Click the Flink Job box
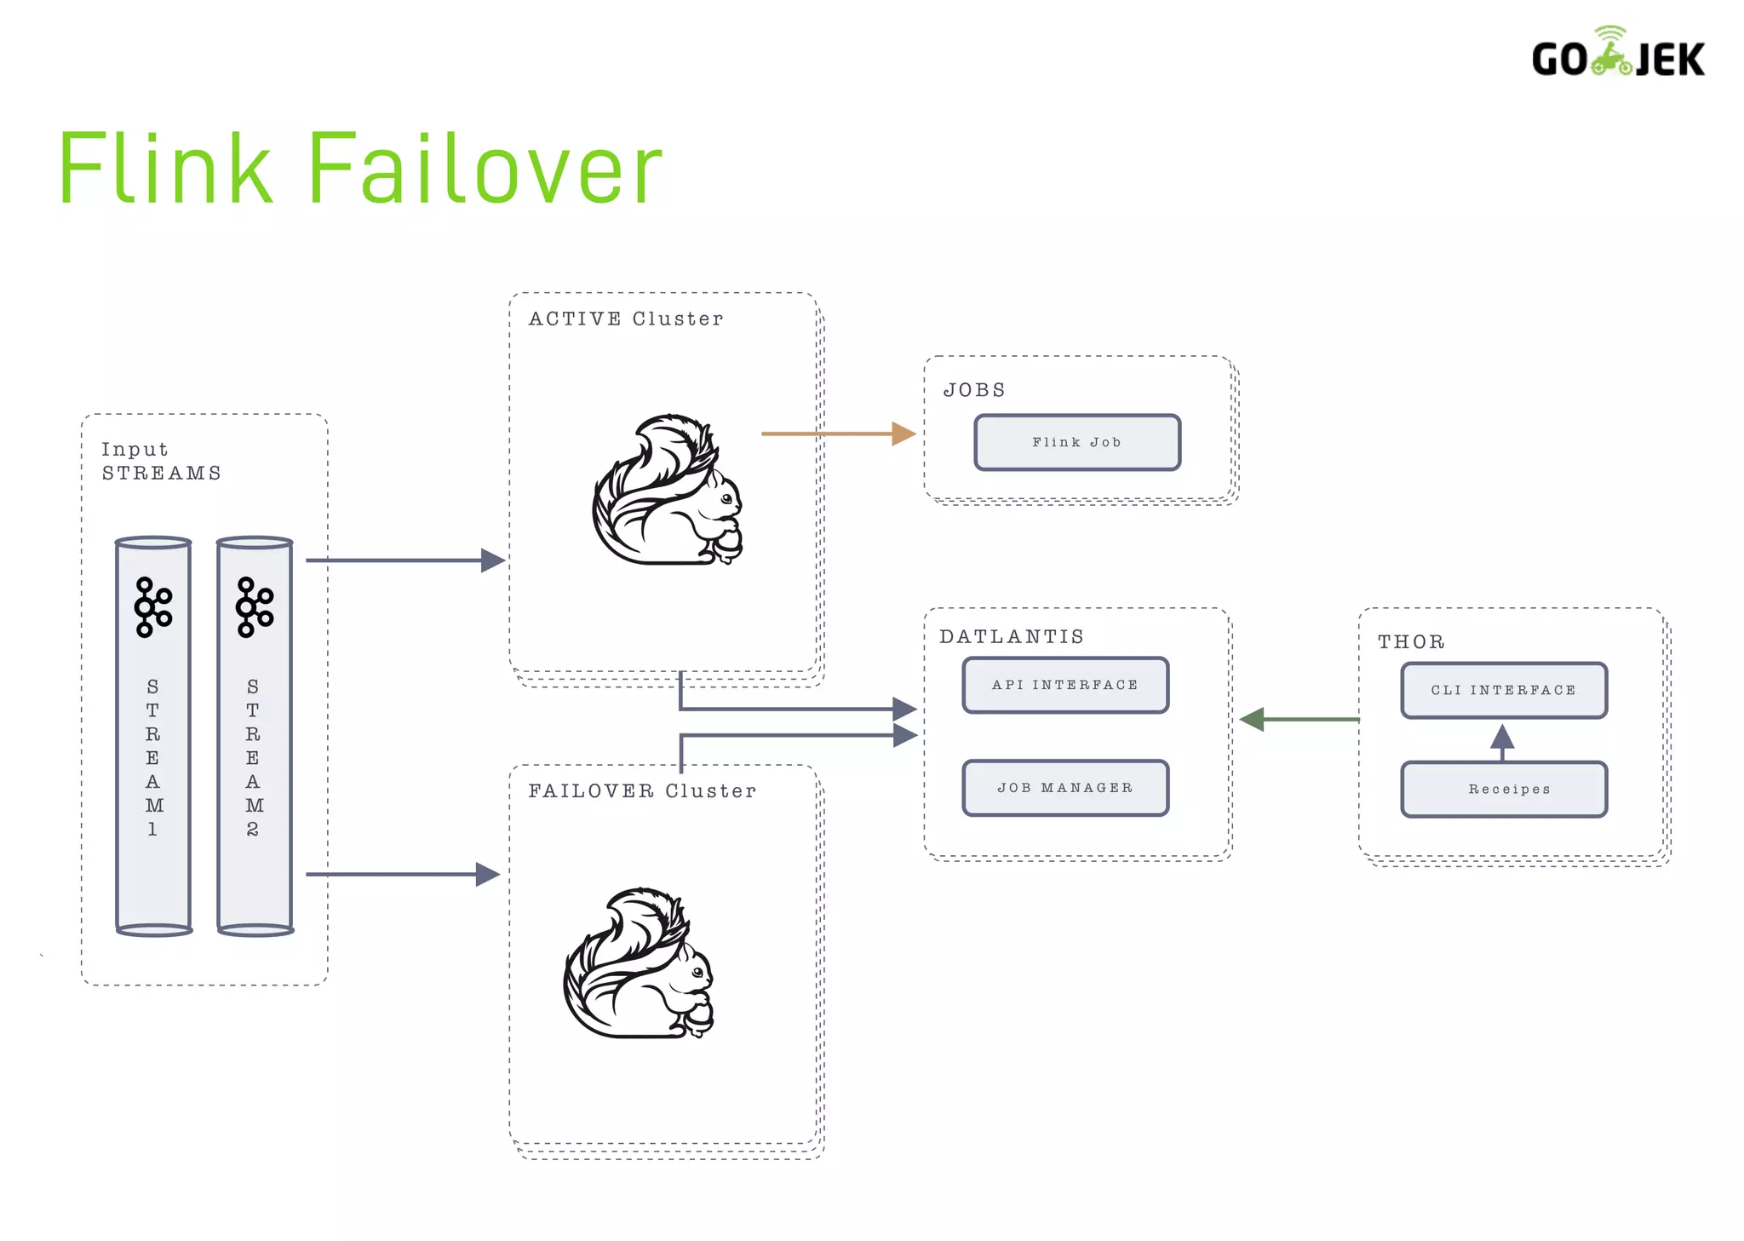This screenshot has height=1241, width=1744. tap(1077, 442)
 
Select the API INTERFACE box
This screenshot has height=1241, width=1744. tap(1065, 685)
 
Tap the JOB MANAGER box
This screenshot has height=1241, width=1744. tap(1065, 788)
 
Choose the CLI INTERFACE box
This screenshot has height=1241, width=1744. tap(1504, 690)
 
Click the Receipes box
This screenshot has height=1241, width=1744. tap(1504, 790)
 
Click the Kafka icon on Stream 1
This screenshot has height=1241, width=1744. tap(153, 607)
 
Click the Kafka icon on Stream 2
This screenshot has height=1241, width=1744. tap(255, 607)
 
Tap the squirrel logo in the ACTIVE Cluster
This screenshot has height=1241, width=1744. tap(668, 490)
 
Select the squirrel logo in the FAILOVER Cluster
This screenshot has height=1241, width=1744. tap(639, 962)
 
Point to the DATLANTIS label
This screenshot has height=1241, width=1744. tap(1012, 636)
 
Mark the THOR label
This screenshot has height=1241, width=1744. tap(1411, 641)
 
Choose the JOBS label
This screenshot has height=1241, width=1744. tap(974, 390)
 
